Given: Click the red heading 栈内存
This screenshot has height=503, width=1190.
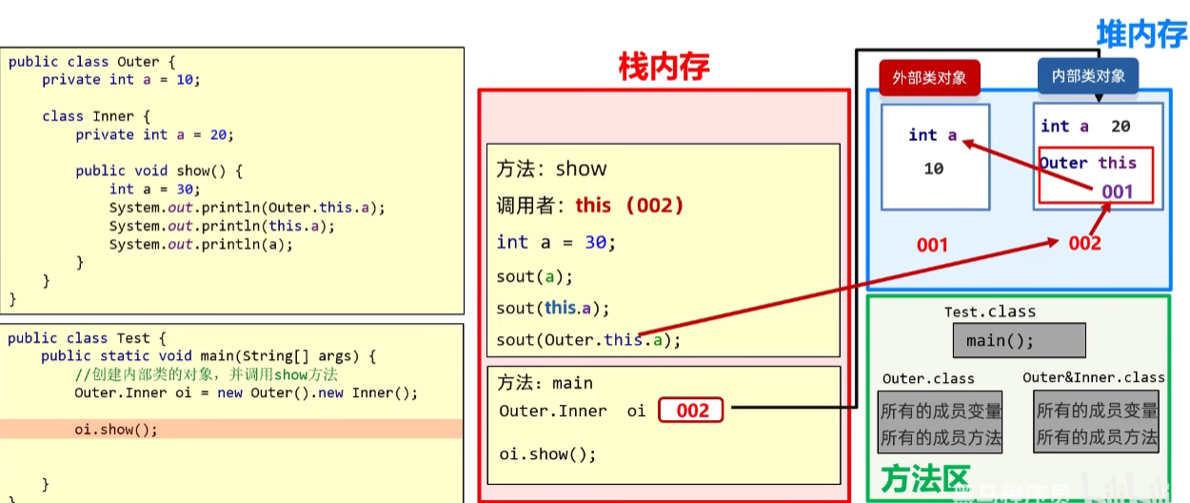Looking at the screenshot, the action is [664, 66].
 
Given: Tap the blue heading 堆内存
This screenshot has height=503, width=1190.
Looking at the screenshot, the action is [1141, 34].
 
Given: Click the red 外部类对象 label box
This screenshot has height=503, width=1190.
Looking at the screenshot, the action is [929, 77].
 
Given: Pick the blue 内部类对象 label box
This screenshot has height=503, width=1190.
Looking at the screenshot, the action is [1088, 76].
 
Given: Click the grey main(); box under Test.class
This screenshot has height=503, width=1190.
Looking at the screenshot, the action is [1019, 340].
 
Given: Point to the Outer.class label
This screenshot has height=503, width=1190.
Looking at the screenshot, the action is [928, 378].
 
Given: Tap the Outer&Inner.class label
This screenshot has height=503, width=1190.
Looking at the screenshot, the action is [1094, 377].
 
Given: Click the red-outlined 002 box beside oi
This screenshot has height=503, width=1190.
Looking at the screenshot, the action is [692, 411].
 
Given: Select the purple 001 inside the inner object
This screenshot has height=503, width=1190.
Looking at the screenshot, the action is [1117, 191].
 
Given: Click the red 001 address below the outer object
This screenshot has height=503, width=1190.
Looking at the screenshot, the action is [932, 245].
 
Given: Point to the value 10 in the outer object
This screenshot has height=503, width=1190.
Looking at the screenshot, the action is [933, 169].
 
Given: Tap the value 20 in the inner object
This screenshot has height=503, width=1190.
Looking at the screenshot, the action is [1121, 126].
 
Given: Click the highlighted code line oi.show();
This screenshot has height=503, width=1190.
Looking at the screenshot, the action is [116, 429].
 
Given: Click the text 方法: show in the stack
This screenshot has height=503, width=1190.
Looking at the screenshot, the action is [551, 170].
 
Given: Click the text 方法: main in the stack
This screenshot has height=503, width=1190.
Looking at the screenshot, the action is [545, 383].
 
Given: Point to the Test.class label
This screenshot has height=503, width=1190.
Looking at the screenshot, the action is [989, 312].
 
